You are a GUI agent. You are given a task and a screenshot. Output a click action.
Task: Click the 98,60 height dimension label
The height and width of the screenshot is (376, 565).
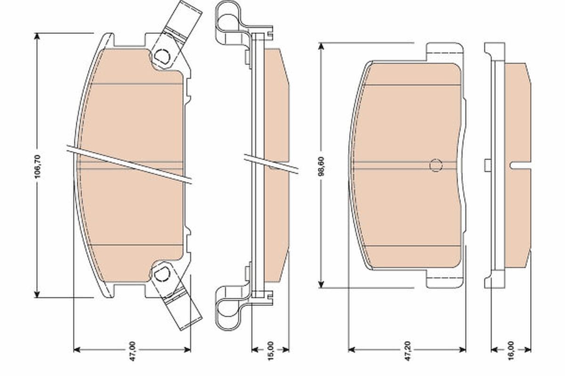click(x=322, y=165)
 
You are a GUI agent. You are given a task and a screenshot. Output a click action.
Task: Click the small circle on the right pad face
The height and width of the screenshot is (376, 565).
click(x=436, y=165)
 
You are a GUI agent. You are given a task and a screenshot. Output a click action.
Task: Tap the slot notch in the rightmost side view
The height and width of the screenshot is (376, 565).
click(x=520, y=165)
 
